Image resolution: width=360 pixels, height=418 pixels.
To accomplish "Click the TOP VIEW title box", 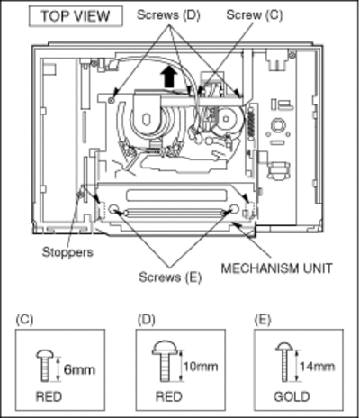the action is tap(76, 16).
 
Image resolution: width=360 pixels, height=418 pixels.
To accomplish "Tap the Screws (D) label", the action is tap(168, 14).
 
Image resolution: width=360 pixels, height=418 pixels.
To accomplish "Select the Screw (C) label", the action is tap(255, 14).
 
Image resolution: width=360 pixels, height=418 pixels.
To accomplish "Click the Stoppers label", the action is tap(67, 252).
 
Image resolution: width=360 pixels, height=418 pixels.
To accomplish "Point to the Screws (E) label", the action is tap(170, 277).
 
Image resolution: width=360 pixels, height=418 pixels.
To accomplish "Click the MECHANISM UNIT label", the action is tap(276, 268).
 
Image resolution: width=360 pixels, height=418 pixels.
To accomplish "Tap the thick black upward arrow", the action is tap(169, 77).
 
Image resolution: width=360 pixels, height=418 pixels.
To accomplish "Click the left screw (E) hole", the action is tap(113, 209).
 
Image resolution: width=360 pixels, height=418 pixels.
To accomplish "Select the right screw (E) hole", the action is tap(234, 209).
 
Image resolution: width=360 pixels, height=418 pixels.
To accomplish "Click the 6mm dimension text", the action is tap(79, 369).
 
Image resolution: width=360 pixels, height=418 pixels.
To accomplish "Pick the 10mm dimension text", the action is tap(201, 367).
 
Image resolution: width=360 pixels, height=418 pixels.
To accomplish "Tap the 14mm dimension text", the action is tap(317, 367).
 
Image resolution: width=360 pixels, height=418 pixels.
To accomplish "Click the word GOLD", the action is tap(292, 396).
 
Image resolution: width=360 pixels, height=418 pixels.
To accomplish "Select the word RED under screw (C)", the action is tap(49, 396).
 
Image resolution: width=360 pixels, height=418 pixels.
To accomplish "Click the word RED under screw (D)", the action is tap(169, 396).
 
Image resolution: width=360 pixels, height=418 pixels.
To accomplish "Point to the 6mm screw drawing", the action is tap(45, 366).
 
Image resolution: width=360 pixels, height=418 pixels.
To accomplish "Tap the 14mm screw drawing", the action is tap(284, 362).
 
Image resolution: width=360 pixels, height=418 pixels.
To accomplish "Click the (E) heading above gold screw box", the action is tap(263, 320).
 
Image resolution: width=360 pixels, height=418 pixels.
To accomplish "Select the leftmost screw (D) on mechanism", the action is tap(112, 100).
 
